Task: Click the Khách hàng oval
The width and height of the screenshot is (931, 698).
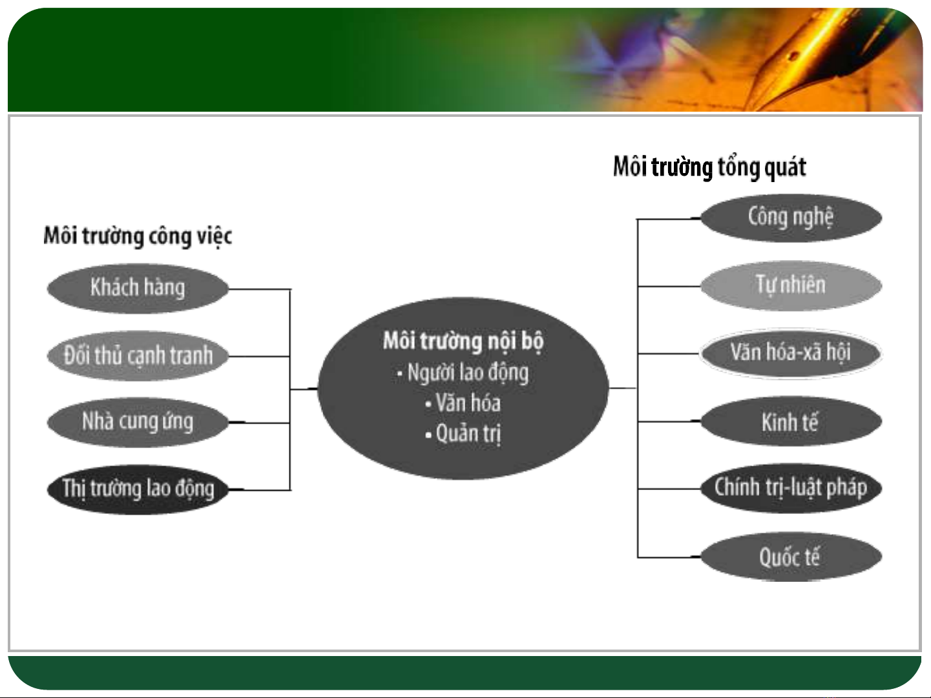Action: pyautogui.click(x=138, y=289)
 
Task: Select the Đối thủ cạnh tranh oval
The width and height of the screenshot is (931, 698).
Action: pyautogui.click(x=138, y=356)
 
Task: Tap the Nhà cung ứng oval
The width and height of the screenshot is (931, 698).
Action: pyautogui.click(x=138, y=422)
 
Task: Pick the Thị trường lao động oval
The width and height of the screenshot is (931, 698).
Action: pyautogui.click(x=138, y=489)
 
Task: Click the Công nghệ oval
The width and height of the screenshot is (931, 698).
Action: pyautogui.click(x=791, y=218)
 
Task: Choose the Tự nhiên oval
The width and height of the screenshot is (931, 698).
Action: pyautogui.click(x=791, y=285)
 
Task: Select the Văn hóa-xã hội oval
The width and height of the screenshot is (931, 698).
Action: pyautogui.click(x=791, y=353)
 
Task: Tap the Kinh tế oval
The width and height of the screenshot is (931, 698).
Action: pyautogui.click(x=791, y=421)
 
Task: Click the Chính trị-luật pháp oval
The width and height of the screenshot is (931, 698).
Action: pyautogui.click(x=791, y=488)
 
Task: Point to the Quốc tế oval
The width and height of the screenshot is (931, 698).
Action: pyautogui.click(x=791, y=557)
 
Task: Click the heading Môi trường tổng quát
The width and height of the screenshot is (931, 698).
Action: pyautogui.click(x=709, y=167)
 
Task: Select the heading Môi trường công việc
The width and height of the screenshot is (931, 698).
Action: pyautogui.click(x=138, y=236)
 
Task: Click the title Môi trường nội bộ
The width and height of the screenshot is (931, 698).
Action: pyautogui.click(x=463, y=341)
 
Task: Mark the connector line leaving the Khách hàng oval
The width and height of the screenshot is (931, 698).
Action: pyautogui.click(x=260, y=289)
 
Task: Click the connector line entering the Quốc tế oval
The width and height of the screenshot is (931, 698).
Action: pyautogui.click(x=669, y=557)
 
